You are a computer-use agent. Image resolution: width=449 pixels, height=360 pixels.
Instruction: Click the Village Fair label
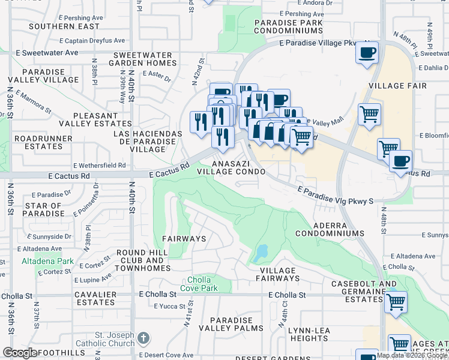tap(397, 86)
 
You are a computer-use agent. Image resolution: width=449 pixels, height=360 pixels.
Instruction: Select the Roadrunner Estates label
tap(38, 142)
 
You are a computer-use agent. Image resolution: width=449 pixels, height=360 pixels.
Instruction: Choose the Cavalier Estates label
tap(95, 299)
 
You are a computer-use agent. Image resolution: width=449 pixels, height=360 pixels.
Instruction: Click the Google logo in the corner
tap(20, 353)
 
